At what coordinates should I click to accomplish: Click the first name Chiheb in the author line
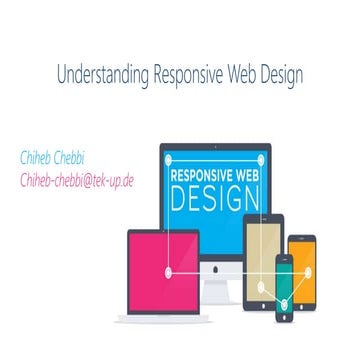tap(40, 157)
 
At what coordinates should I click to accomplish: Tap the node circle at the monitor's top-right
tap(262, 154)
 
